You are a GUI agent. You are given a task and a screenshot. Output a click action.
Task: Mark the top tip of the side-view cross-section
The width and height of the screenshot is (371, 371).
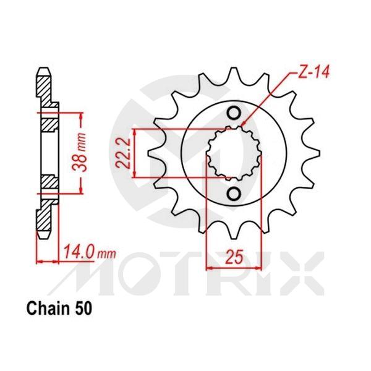click(x=44, y=67)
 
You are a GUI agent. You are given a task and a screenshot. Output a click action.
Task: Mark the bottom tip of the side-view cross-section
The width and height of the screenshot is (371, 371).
click(x=44, y=239)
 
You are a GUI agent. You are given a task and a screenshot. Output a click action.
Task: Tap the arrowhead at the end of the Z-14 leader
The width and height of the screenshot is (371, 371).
click(x=244, y=126)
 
